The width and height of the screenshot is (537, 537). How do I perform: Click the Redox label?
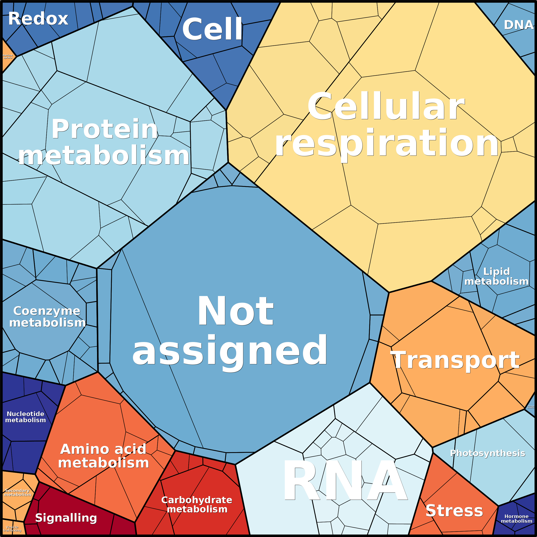click(x=38, y=19)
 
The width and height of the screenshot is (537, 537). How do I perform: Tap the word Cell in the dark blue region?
click(x=212, y=29)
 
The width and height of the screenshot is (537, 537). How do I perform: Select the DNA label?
click(x=518, y=25)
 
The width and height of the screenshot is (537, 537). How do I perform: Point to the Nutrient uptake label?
click(x=8, y=56)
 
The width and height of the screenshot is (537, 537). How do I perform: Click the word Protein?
click(x=105, y=129)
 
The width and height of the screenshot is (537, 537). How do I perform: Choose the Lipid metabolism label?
click(x=496, y=276)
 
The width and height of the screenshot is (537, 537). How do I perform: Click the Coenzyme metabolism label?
click(x=47, y=317)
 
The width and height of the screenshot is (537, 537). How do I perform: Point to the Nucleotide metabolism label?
click(x=26, y=417)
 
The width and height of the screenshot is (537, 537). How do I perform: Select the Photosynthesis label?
click(x=488, y=453)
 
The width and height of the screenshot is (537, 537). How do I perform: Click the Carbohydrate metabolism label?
click(x=197, y=504)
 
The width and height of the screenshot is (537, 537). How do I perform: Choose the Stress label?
click(x=454, y=511)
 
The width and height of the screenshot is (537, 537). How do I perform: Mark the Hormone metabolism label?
click(x=516, y=519)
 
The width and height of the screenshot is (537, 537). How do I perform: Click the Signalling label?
click(x=66, y=518)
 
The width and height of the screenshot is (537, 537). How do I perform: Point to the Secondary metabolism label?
click(x=18, y=493)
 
